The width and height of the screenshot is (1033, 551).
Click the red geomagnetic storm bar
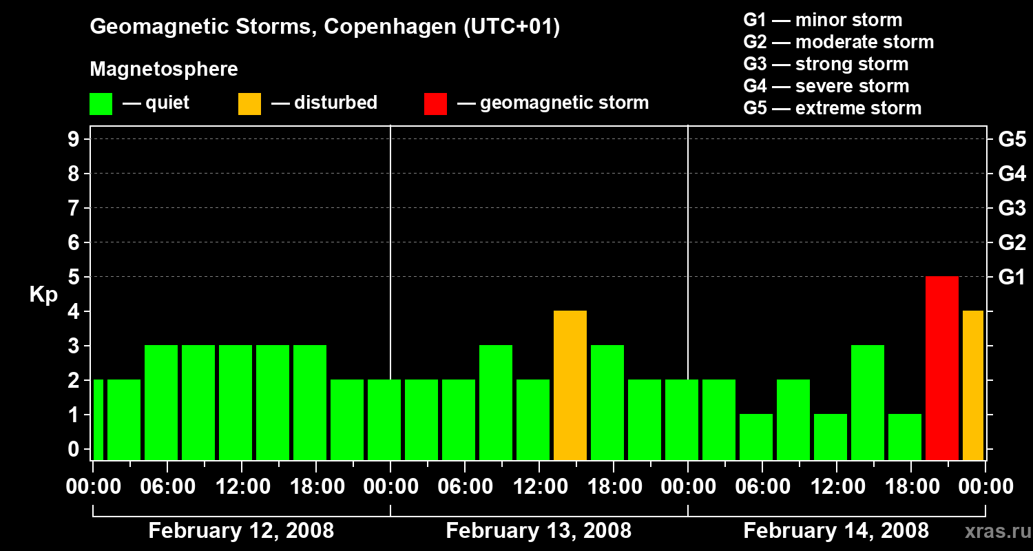[941, 368]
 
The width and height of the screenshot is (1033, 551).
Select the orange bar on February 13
[570, 385]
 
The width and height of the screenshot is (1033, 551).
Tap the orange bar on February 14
[972, 385]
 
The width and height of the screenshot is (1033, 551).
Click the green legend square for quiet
[101, 104]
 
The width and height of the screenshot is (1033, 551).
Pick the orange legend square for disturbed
[249, 104]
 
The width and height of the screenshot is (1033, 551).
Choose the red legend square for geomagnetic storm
[435, 104]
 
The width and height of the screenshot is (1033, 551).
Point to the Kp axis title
[43, 295]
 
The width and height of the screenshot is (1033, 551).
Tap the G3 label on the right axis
[1012, 209]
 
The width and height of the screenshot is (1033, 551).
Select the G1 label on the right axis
[1012, 278]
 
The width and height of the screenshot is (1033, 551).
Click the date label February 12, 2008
[241, 531]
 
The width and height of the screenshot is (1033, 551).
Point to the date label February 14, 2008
[836, 531]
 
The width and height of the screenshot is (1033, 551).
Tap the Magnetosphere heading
[164, 70]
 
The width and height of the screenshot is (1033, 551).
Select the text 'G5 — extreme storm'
[832, 108]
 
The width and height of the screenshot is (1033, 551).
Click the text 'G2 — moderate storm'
[838, 42]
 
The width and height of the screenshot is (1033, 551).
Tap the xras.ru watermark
[997, 531]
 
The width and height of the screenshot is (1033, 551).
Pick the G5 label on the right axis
[1012, 140]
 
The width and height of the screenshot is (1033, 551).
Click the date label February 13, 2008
[539, 531]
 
